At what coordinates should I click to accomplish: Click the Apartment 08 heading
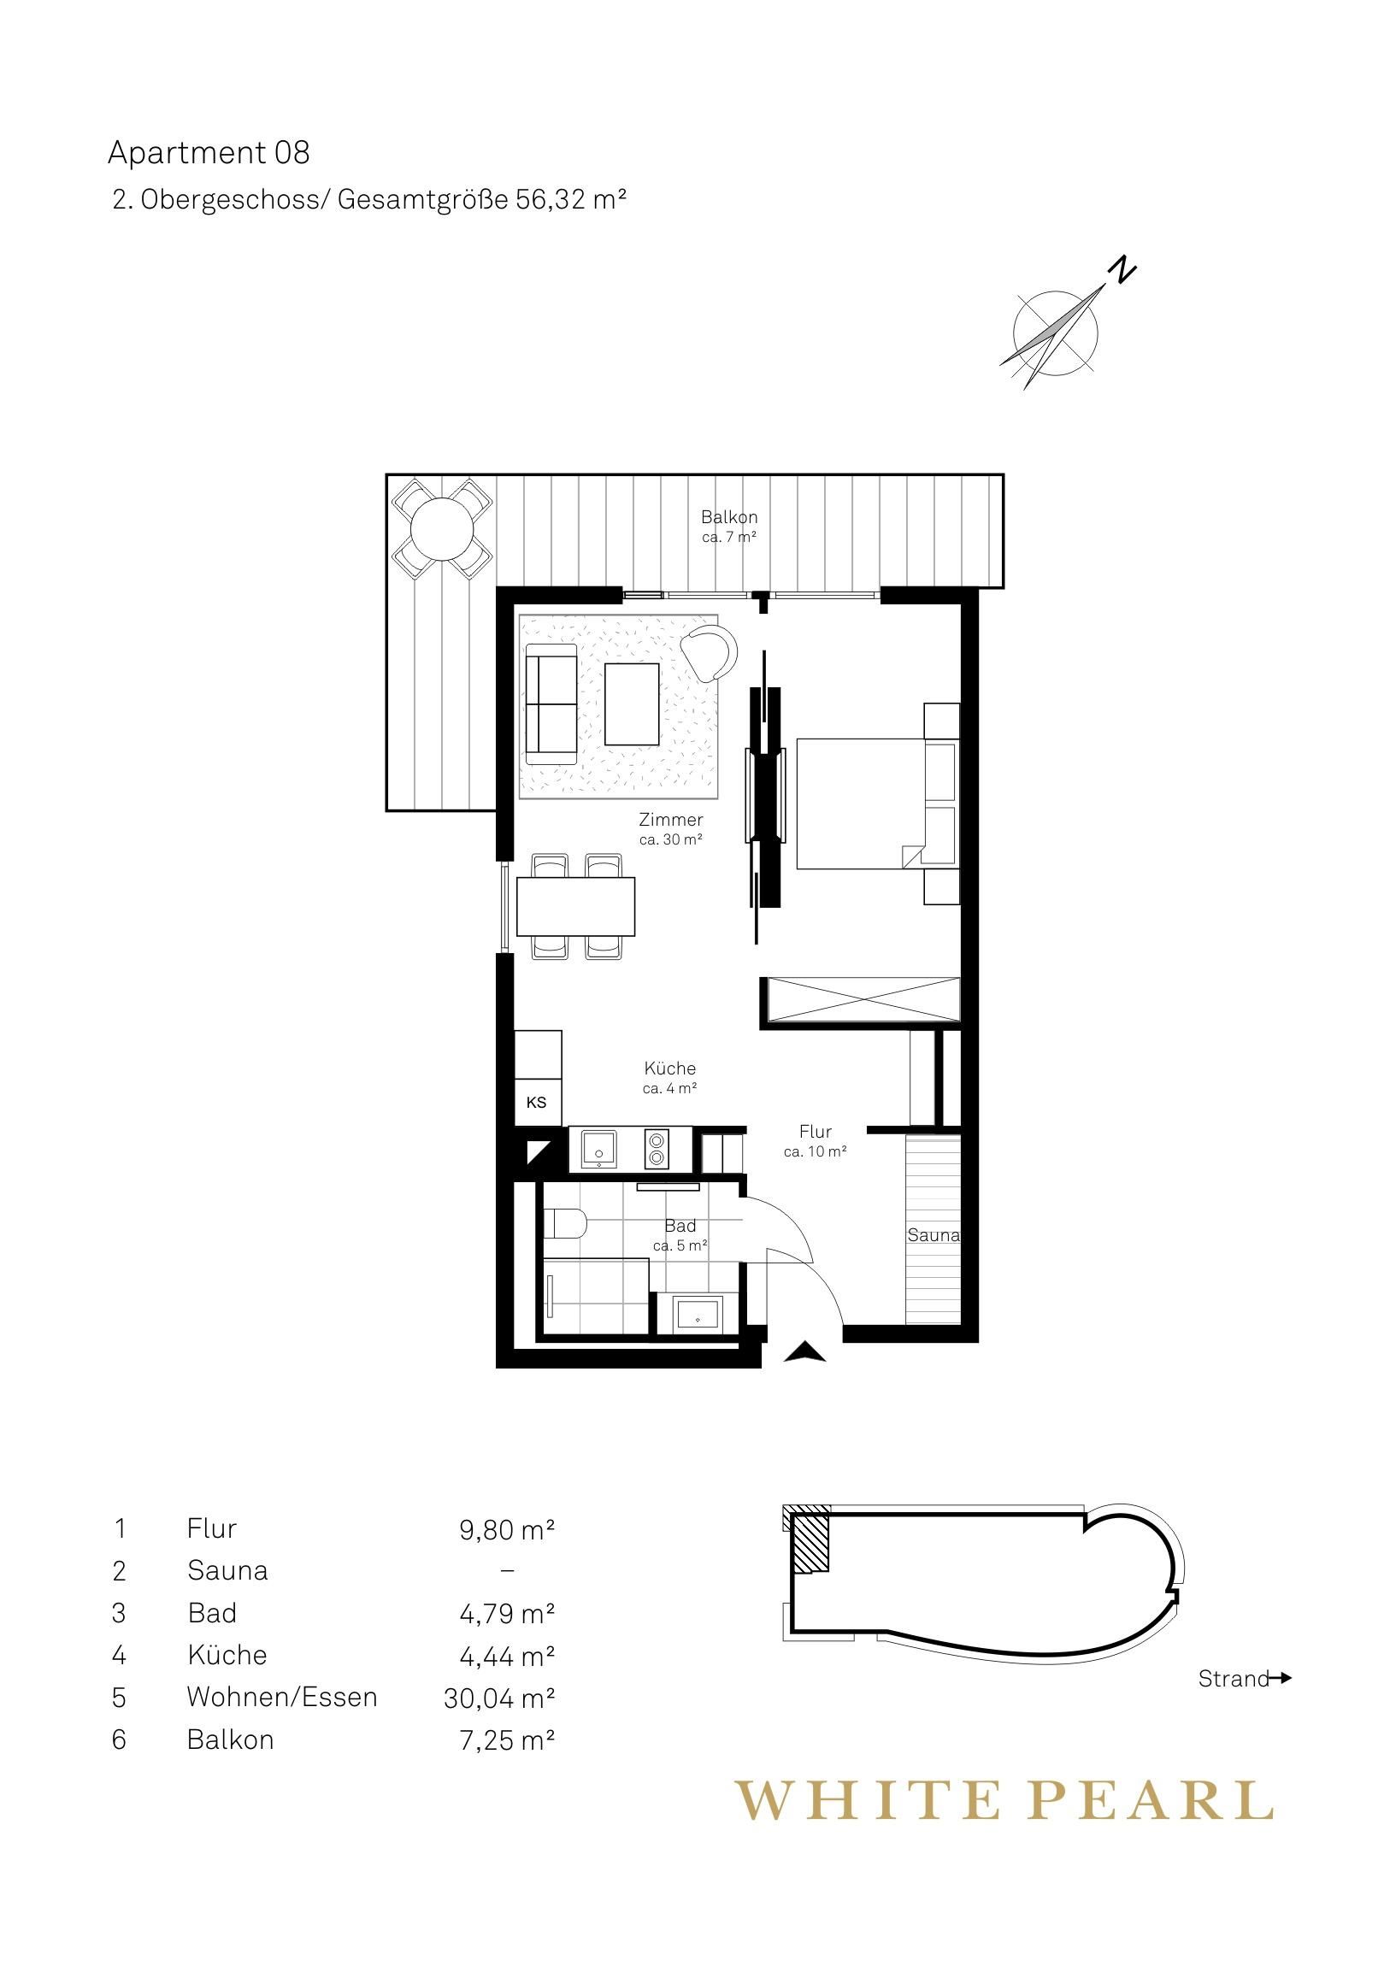(208, 153)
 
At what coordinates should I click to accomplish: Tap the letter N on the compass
(1122, 271)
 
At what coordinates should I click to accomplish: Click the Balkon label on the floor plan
(729, 517)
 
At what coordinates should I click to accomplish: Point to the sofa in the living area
(551, 703)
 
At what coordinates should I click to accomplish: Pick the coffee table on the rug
(632, 703)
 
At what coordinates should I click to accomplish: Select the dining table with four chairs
(575, 906)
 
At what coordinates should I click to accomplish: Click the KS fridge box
(537, 1102)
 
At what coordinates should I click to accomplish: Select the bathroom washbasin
(699, 1313)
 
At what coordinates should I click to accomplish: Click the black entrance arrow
(804, 1352)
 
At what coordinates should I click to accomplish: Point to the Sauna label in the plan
(934, 1235)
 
